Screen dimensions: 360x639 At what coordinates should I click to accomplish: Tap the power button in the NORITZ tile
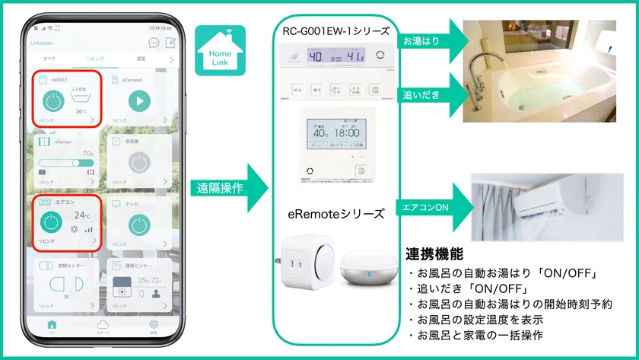click(x=53, y=101)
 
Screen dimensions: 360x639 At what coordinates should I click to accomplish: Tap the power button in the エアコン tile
click(x=51, y=223)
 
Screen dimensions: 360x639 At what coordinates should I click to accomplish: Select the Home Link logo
click(x=221, y=50)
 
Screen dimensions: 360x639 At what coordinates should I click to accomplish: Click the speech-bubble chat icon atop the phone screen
click(x=154, y=43)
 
